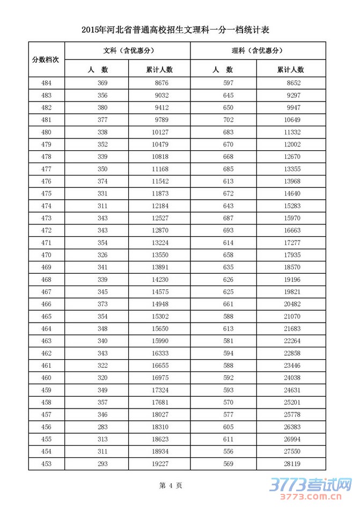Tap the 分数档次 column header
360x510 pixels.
46,59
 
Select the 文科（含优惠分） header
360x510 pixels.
127,51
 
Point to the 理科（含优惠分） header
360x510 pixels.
258,51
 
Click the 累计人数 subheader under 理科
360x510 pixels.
290,70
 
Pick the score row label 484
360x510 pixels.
46,83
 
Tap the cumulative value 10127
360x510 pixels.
159,132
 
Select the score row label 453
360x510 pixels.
46,463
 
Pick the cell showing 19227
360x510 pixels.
159,463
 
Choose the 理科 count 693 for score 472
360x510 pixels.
229,229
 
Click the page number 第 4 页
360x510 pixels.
171,486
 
